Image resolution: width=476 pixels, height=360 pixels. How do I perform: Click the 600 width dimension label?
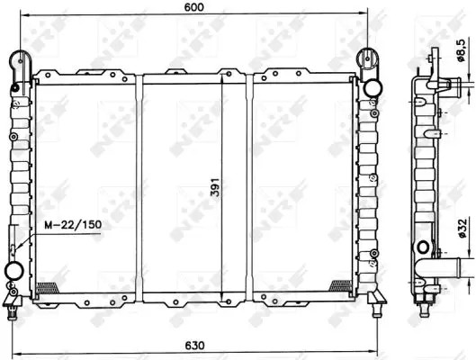194,6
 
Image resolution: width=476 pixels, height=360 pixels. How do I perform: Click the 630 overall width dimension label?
194,345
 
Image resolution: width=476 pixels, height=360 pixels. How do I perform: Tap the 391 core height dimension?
215,187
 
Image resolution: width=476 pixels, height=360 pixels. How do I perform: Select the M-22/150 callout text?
73,225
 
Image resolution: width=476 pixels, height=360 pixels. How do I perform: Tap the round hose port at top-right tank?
373,88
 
